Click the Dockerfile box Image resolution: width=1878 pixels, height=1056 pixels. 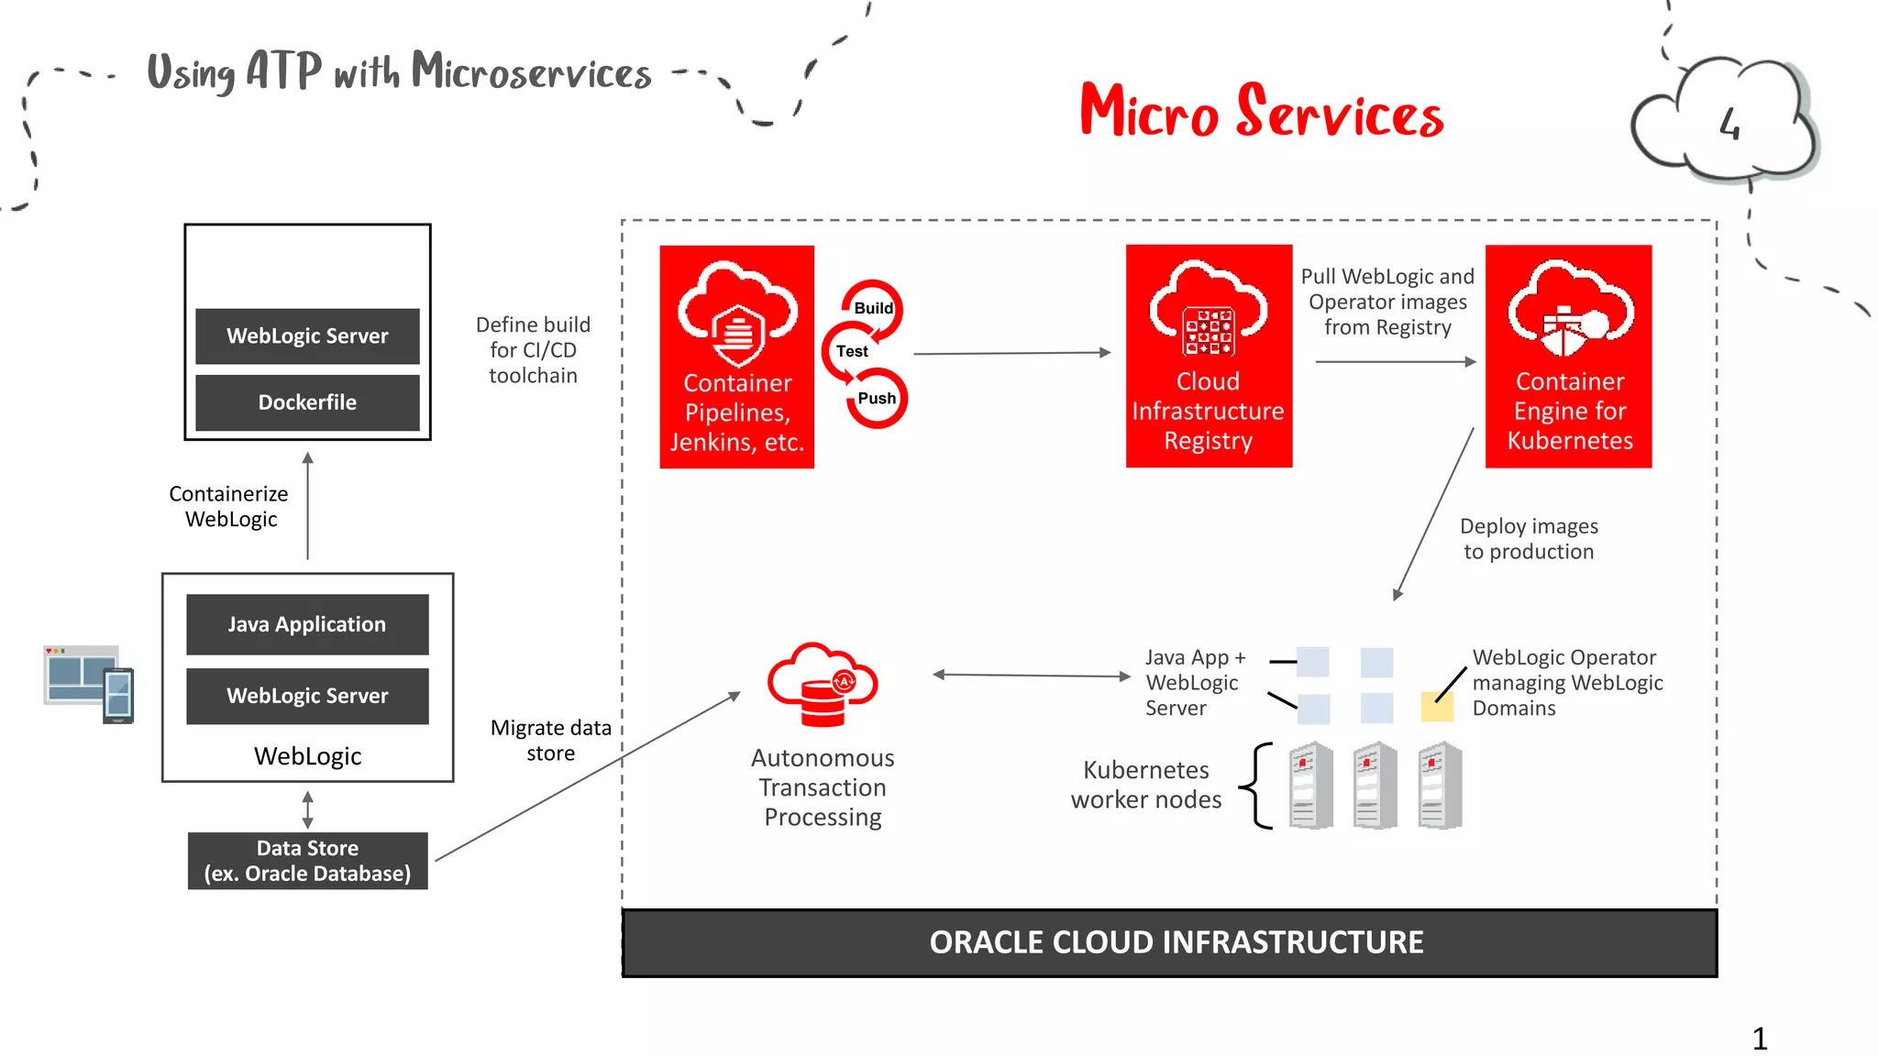point(307,402)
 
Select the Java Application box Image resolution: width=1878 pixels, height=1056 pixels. point(307,624)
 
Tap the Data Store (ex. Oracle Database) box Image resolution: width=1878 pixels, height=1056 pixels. point(307,861)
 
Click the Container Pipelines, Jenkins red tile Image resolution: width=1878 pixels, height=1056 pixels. point(736,357)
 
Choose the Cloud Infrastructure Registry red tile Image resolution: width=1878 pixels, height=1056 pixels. point(1209,357)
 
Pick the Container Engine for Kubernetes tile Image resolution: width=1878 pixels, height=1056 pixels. point(1568,357)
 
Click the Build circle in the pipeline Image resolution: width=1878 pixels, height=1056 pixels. point(873,308)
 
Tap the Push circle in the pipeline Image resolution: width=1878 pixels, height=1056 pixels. point(877,399)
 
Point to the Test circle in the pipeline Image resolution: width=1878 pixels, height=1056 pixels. point(852,351)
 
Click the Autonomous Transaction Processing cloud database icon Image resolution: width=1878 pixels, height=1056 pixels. point(823,686)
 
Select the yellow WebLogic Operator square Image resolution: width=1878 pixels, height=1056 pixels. point(1436,707)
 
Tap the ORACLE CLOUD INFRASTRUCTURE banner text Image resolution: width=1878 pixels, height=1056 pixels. point(1176,942)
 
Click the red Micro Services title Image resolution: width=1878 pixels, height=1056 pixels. point(1262,112)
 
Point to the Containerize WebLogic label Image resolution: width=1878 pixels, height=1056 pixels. point(229,506)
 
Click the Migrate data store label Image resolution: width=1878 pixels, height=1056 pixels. point(550,740)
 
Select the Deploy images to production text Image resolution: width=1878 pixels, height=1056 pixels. point(1529,539)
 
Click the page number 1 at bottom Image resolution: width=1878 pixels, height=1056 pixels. point(1759,1039)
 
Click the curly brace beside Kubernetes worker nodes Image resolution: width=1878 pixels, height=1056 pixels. point(1257,786)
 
